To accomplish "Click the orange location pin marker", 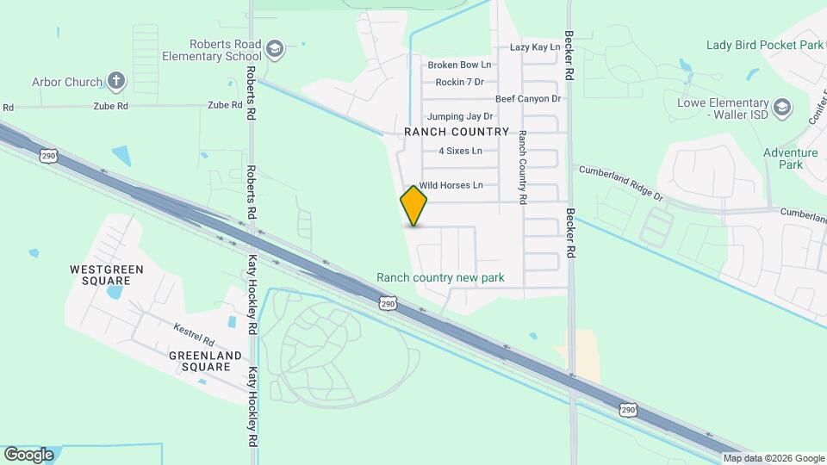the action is point(414,205).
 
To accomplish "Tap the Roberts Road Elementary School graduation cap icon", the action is point(276,48).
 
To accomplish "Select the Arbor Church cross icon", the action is point(116,82).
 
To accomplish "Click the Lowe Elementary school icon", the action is point(782,108).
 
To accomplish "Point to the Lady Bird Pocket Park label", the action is point(764,45).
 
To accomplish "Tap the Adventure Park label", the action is point(790,158).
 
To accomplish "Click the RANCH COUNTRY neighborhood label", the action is point(457,132).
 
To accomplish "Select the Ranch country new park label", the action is point(440,278).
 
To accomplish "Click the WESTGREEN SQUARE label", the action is point(106,275).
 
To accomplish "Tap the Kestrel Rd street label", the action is point(192,328).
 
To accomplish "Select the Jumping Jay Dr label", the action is point(460,116).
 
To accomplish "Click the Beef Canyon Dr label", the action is point(527,99).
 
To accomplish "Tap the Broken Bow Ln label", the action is point(459,65).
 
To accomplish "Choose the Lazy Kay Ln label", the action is point(535,47).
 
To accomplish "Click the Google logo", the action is point(28,454).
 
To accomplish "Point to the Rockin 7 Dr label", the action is point(459,82).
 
